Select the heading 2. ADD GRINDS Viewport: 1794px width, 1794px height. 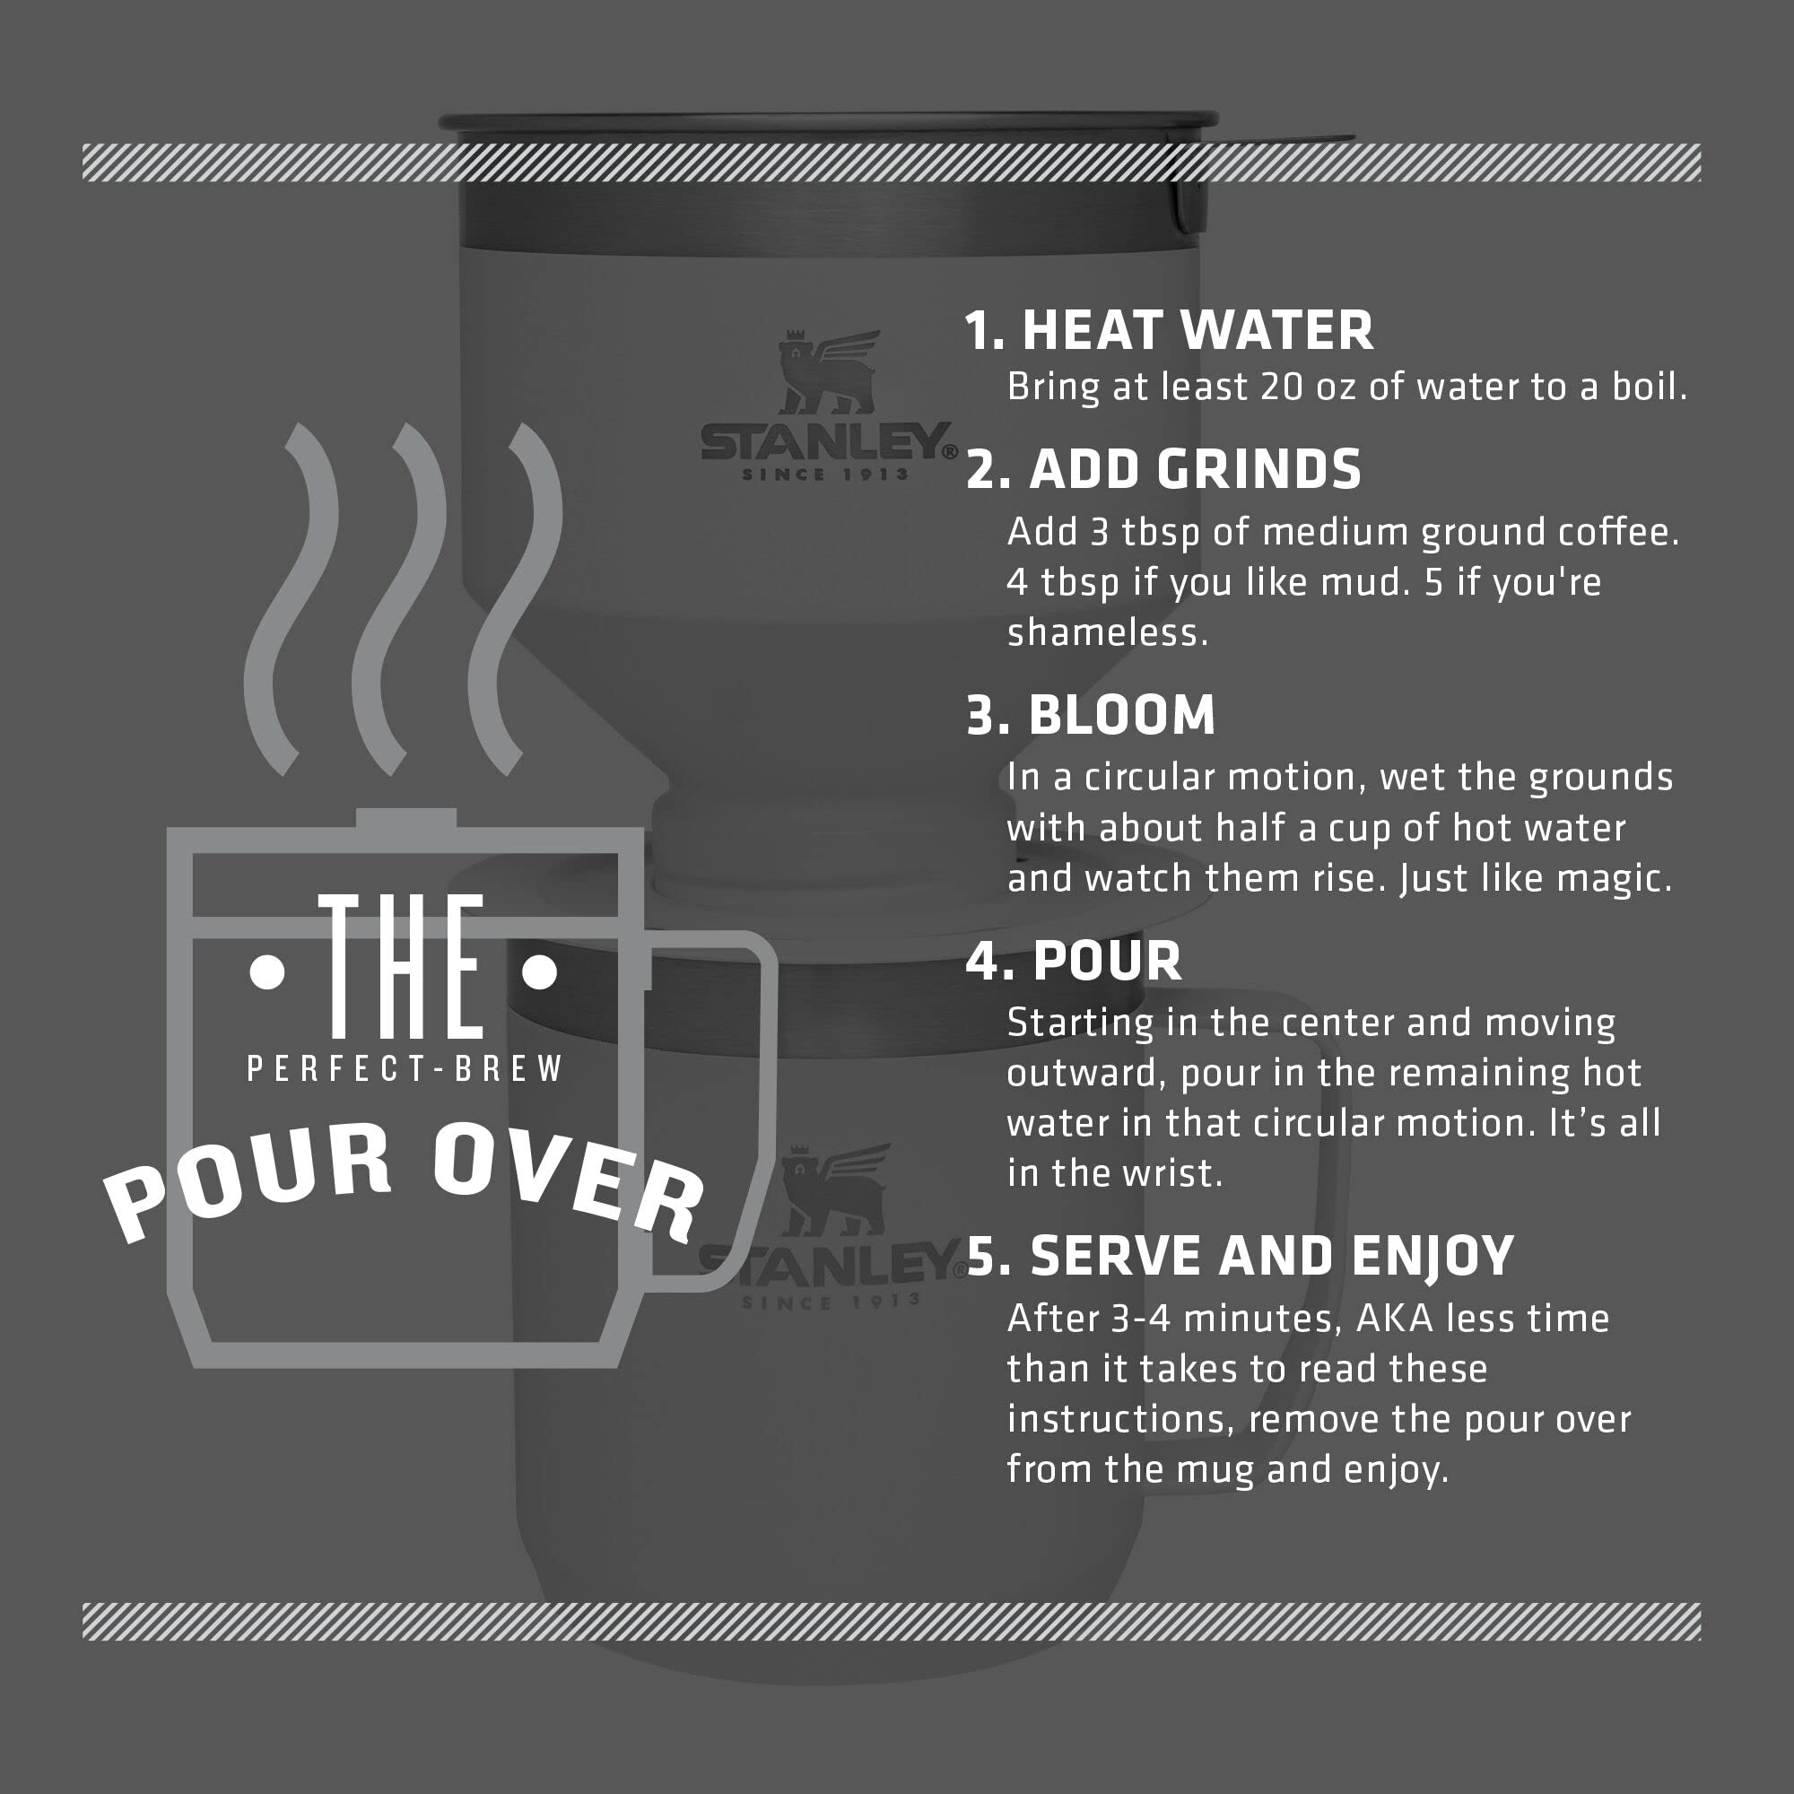[1163, 469]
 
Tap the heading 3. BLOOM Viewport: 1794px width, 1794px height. [1090, 715]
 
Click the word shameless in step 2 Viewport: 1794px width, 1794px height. [1107, 633]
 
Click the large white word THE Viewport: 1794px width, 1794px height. [401, 968]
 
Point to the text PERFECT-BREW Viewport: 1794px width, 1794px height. [405, 1069]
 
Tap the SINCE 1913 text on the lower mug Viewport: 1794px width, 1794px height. [829, 1302]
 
